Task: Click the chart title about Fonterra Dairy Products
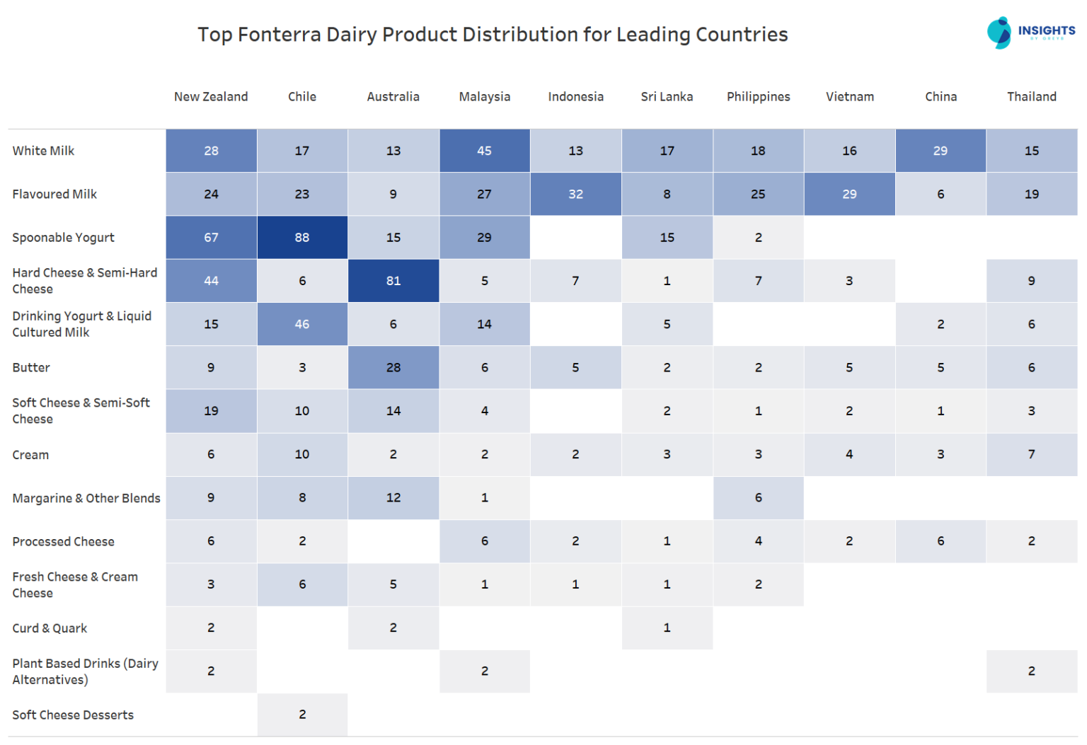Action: (492, 35)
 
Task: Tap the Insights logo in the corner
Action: (1030, 33)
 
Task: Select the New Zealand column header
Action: (211, 97)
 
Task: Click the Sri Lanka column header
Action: (667, 97)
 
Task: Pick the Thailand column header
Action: (1031, 97)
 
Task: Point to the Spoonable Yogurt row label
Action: (63, 238)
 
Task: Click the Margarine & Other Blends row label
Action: (86, 498)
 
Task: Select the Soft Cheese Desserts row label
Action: (73, 715)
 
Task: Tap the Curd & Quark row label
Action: (50, 628)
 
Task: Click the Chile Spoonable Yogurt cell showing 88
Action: (302, 238)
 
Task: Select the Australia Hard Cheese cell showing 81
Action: (393, 281)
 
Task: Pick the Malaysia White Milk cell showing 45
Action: (485, 151)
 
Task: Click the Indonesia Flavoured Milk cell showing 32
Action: (575, 194)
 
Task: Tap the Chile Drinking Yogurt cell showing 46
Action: (302, 324)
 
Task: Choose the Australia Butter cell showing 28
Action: (393, 368)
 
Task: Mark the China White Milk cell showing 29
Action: (941, 151)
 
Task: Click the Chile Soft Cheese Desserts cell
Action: (302, 715)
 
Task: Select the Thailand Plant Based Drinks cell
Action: (1031, 671)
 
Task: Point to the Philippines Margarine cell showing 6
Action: (758, 498)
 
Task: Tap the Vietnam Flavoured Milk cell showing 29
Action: (849, 194)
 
